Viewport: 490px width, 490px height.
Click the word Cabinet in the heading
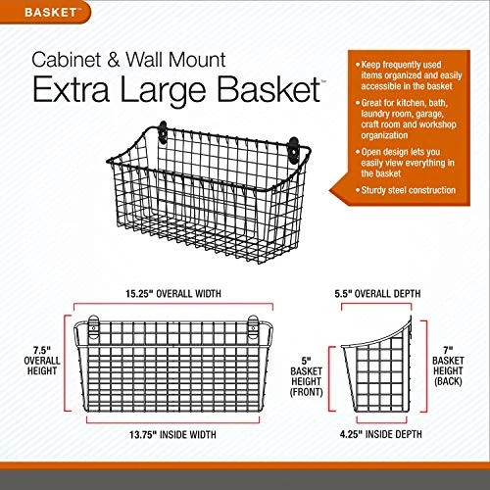[67, 60]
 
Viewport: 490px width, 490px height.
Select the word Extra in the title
[72, 89]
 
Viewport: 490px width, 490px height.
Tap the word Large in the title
[163, 91]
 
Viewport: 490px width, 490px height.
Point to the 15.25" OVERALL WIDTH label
[173, 294]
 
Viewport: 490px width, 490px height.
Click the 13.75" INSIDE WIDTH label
[172, 435]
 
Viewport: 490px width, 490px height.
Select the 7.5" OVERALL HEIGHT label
[42, 361]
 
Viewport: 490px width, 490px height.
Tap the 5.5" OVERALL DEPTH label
[377, 294]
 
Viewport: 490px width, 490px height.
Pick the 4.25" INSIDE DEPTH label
[381, 434]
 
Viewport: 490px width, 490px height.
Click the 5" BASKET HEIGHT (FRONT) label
[307, 376]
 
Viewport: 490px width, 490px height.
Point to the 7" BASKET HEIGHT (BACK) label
[448, 366]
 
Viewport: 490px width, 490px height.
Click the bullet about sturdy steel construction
[406, 190]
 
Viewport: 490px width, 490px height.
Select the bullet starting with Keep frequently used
[409, 75]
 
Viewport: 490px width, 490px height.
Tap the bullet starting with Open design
[405, 163]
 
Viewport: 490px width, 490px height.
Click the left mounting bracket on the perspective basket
[163, 132]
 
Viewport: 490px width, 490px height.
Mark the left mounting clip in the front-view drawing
[93, 326]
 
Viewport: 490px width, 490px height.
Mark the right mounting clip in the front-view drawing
[253, 326]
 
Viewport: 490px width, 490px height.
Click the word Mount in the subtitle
[197, 60]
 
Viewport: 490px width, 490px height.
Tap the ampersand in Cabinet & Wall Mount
[114, 60]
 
